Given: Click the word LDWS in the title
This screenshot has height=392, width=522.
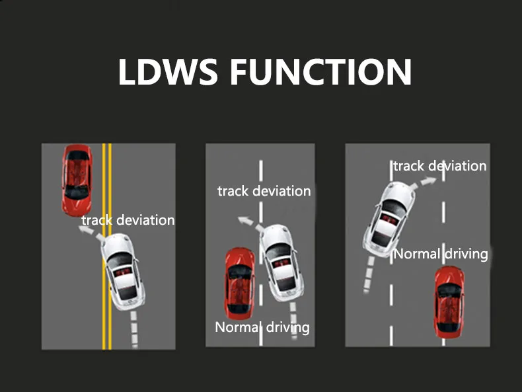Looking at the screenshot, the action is [168, 71].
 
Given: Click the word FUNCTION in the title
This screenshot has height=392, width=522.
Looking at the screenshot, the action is [321, 71].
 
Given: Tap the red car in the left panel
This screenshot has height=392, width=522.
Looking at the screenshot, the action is [77, 180].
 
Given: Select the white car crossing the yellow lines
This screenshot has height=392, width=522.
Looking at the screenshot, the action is [123, 272].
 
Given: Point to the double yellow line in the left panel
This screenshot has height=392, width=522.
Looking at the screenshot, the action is [107, 247].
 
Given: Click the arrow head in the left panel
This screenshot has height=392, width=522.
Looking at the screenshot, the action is [84, 229].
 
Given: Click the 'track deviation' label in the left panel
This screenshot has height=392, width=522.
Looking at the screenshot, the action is [128, 220].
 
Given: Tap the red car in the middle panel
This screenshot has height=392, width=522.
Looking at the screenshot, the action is [240, 283].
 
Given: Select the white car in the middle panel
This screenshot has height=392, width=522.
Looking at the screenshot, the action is [281, 263].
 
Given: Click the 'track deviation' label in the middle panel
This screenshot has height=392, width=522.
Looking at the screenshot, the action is [264, 191].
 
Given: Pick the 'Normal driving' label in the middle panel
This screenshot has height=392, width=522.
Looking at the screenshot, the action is [262, 327].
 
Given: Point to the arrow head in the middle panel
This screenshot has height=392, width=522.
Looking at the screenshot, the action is [244, 220].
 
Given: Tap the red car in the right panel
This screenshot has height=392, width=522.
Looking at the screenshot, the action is [449, 302].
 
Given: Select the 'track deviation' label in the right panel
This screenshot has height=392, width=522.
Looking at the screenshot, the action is [440, 166].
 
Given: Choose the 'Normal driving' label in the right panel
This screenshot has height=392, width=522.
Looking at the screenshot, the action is [441, 254].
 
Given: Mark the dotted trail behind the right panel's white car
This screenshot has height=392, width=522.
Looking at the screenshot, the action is [369, 275].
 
